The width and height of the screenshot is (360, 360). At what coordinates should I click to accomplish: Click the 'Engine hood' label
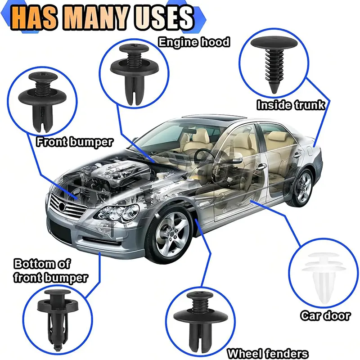click(x=194, y=42)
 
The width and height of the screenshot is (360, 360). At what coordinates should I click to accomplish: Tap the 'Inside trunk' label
click(x=291, y=105)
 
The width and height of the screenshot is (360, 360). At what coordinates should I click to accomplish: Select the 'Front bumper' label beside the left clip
click(x=75, y=142)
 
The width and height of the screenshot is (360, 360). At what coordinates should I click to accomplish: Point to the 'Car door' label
click(x=325, y=315)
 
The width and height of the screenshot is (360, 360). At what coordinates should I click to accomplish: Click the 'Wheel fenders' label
click(x=268, y=354)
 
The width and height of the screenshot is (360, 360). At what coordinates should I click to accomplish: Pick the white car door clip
click(x=324, y=278)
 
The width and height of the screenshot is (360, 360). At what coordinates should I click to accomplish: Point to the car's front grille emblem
click(x=62, y=206)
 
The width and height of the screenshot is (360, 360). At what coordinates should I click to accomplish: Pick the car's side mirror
click(x=237, y=158)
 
